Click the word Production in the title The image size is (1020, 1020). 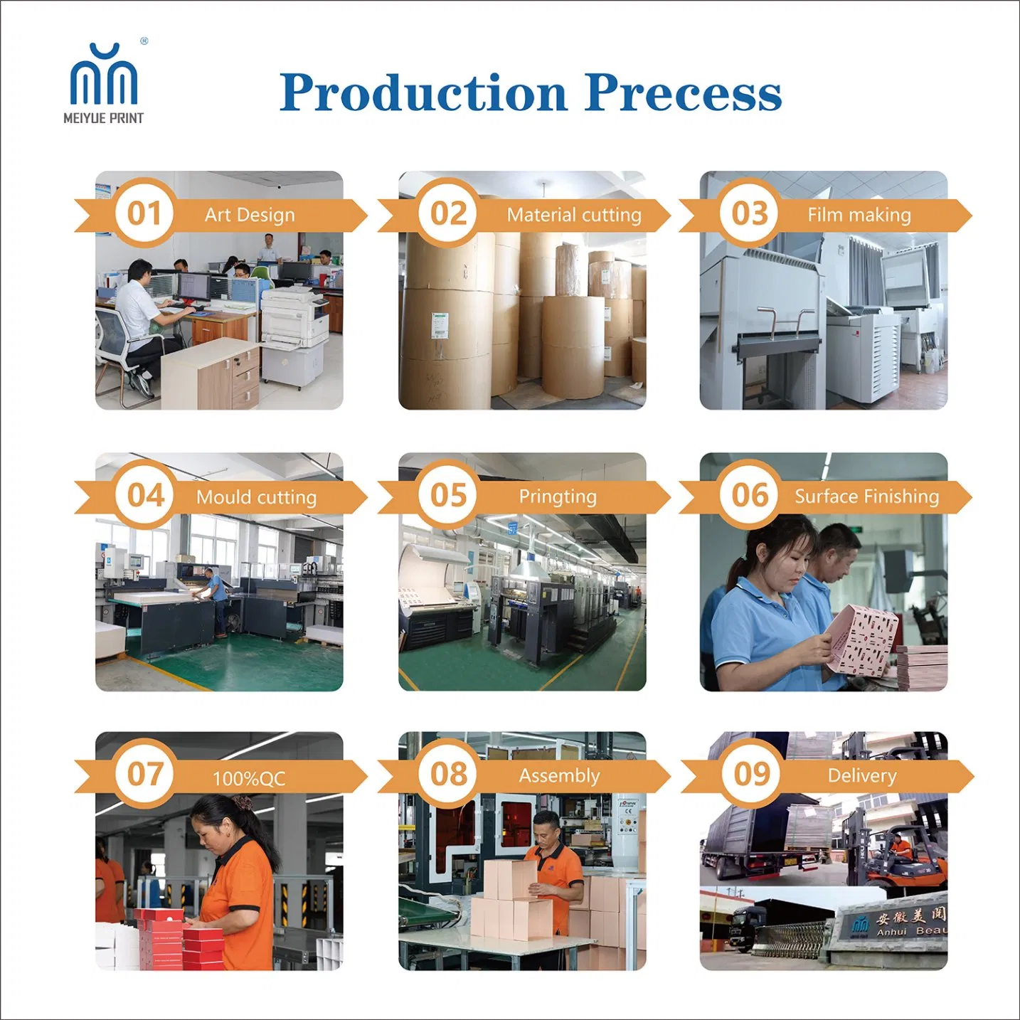[x=423, y=92]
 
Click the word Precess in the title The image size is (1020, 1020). [x=683, y=92]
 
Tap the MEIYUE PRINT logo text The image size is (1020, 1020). [x=103, y=118]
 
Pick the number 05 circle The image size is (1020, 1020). [x=448, y=495]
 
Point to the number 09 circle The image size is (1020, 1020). [x=752, y=774]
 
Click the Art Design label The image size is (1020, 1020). [x=250, y=215]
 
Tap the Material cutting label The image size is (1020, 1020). [x=574, y=215]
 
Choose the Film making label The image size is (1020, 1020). [x=859, y=215]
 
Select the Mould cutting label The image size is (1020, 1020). [x=257, y=497]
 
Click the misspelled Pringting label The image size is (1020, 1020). [x=558, y=496]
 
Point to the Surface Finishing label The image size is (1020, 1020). [x=867, y=496]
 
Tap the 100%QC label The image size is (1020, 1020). [x=250, y=779]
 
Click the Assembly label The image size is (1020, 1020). [x=560, y=776]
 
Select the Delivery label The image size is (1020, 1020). [x=862, y=776]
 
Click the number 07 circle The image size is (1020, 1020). [x=144, y=774]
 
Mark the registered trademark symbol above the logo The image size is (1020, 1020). [x=144, y=41]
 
